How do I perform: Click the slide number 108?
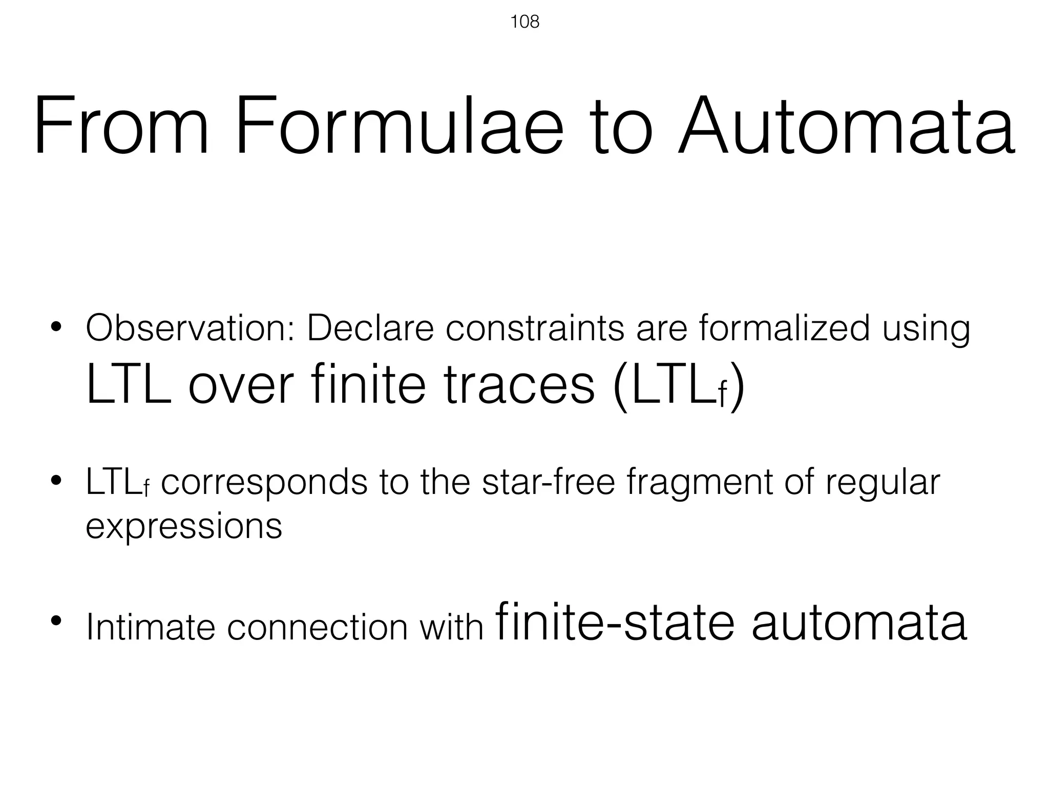[x=524, y=22]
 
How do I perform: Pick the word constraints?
[x=535, y=328]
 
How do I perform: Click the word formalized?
[x=784, y=328]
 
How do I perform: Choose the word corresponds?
[x=264, y=483]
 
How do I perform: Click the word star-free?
[x=548, y=482]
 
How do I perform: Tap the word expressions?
[x=184, y=526]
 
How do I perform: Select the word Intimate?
[x=151, y=627]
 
